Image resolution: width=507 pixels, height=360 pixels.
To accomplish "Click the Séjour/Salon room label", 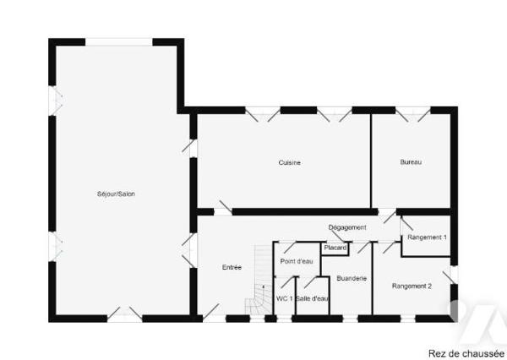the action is coord(116,194).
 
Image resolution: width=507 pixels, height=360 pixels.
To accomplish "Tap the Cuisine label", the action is coord(290,163).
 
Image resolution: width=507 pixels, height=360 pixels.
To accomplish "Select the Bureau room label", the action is coord(411,162).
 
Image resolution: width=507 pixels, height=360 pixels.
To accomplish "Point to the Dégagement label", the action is coord(347,227).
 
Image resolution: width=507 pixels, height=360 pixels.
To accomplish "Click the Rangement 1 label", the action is coord(427,237).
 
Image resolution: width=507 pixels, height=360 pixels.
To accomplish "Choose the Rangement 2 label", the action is coord(412,286).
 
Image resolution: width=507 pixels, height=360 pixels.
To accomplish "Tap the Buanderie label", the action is coord(352,278).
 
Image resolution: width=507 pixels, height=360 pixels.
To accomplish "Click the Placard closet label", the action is coord(335,248).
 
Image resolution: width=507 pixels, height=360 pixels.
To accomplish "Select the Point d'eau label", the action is coord(297,261).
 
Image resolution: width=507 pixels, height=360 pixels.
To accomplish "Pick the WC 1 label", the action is coord(284,298).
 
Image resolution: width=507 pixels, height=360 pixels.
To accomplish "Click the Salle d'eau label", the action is coord(312,298).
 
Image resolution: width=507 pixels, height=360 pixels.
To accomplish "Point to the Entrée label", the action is coord(232,268).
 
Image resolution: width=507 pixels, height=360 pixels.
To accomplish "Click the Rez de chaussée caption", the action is coord(466,353).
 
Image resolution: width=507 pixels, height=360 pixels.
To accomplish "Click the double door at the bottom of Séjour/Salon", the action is coord(124,314).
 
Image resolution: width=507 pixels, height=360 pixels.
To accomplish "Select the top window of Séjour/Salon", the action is coord(118,42).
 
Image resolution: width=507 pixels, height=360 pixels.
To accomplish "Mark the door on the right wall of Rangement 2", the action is coord(451,275).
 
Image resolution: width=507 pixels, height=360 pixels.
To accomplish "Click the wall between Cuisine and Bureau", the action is coord(371,161).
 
